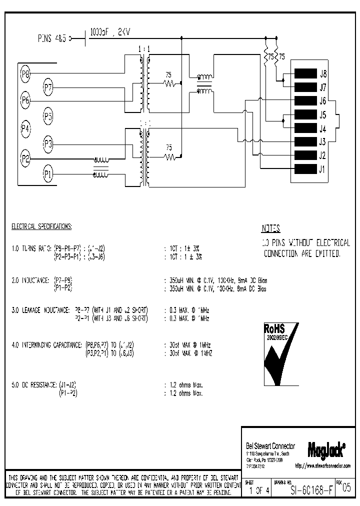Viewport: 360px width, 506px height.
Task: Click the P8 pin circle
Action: (25, 74)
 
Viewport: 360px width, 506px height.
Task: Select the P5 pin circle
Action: (47, 116)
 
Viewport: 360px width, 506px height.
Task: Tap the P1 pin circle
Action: (47, 174)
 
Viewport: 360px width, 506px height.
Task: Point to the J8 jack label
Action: (323, 73)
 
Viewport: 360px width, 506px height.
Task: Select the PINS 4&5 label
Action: (52, 37)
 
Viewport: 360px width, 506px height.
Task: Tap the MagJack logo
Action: (327, 449)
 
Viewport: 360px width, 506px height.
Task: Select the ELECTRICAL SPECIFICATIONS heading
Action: (41, 226)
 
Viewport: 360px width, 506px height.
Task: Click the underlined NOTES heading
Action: (270, 229)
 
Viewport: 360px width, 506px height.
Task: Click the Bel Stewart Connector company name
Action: (270, 446)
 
